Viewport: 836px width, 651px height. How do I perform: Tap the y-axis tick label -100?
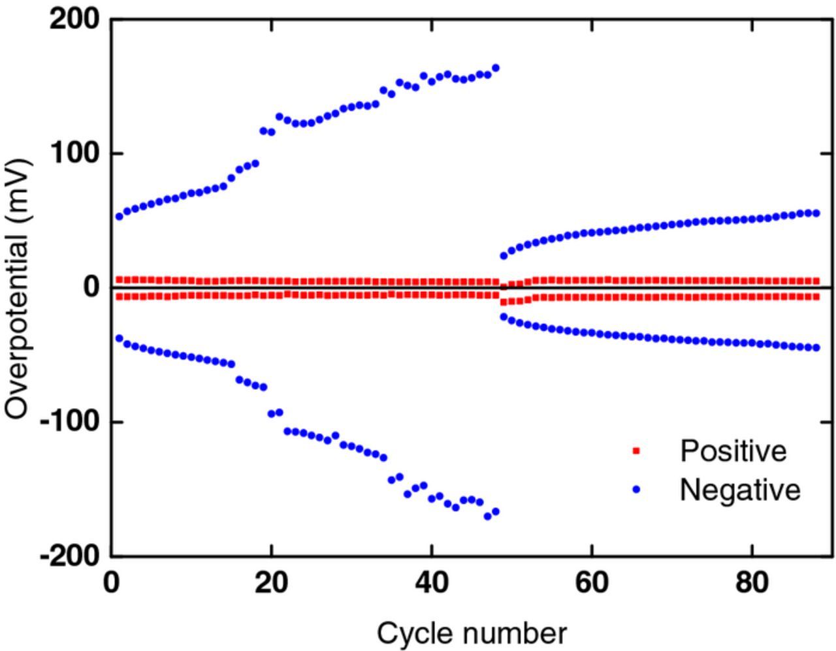coord(69,422)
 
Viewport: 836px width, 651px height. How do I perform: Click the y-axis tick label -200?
coord(69,556)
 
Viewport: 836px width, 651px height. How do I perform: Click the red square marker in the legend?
coord(637,451)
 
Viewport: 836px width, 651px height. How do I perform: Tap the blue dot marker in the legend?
coord(637,489)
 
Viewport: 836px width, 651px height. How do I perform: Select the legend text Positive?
coord(733,451)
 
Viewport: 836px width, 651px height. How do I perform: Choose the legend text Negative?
coord(740,489)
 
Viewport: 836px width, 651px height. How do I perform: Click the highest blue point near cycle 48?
coord(495,68)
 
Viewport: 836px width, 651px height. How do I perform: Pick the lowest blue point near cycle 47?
coord(487,516)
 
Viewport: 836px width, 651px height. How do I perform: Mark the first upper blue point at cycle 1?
coord(120,217)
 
